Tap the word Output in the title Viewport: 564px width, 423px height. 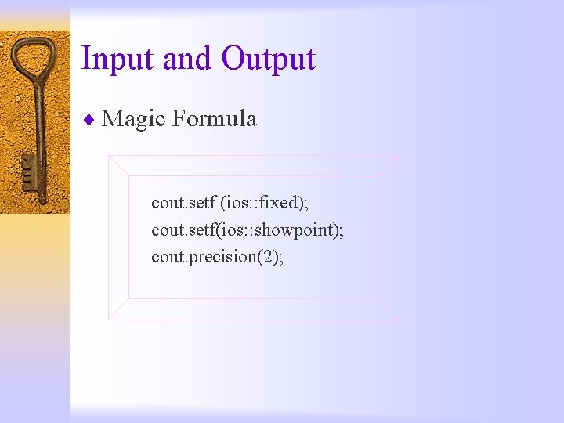(x=268, y=60)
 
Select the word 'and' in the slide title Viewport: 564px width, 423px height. (x=186, y=60)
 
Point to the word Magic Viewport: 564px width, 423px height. (x=133, y=119)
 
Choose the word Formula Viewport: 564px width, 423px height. (x=214, y=119)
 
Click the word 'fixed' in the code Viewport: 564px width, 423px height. (x=279, y=204)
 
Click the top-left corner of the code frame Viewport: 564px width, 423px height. (x=110, y=156)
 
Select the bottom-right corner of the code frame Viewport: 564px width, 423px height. (x=399, y=319)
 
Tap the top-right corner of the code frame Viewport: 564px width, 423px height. (x=399, y=156)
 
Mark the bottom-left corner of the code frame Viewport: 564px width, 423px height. (x=110, y=319)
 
